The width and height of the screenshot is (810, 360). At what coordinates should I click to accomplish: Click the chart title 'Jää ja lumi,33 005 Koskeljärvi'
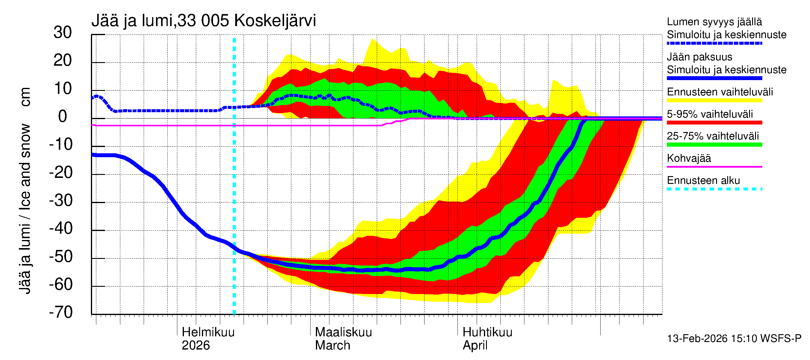203,21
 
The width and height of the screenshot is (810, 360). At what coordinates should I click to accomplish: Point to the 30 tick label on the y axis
63,32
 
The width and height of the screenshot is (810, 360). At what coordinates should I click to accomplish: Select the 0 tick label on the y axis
63,116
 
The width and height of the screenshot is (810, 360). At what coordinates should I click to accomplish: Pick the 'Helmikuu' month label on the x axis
208,332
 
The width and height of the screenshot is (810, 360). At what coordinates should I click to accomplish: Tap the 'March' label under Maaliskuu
332,345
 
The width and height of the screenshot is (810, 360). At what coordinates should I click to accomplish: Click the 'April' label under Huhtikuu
475,345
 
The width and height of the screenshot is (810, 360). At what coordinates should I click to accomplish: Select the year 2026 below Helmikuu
196,345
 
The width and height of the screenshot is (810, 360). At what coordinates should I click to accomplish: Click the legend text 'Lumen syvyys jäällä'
714,22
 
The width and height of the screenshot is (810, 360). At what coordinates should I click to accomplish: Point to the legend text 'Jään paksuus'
700,57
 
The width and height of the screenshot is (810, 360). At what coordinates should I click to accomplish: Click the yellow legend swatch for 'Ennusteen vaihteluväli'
714,100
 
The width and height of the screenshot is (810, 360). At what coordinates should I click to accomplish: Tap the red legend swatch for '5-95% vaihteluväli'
714,123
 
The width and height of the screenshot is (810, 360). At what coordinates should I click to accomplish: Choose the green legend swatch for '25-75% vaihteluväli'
714,145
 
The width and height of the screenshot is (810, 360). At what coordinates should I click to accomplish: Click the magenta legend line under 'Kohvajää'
714,166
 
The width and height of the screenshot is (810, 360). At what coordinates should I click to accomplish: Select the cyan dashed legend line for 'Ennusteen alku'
714,189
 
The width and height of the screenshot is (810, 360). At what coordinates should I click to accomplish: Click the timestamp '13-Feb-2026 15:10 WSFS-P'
734,338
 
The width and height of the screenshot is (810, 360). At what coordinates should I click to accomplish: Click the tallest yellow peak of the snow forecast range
373,39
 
